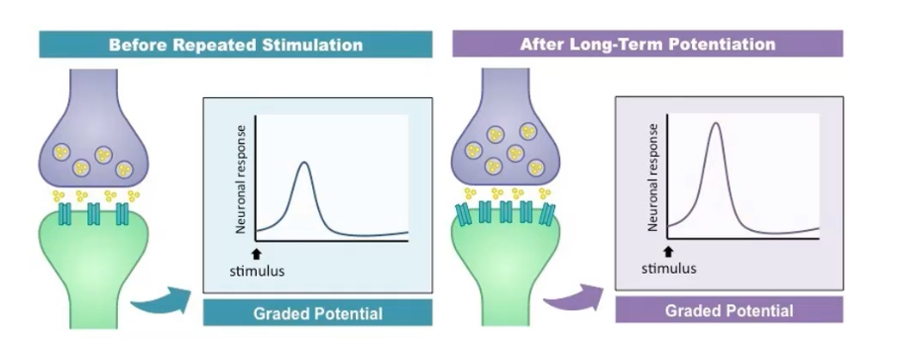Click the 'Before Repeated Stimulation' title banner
pos(235,45)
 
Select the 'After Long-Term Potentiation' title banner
pos(647,44)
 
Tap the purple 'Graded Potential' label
pos(729,310)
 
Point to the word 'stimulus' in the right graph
pos(668,268)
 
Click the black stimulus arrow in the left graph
pos(257,252)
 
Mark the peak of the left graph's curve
pos(304,162)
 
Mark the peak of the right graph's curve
pos(715,123)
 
